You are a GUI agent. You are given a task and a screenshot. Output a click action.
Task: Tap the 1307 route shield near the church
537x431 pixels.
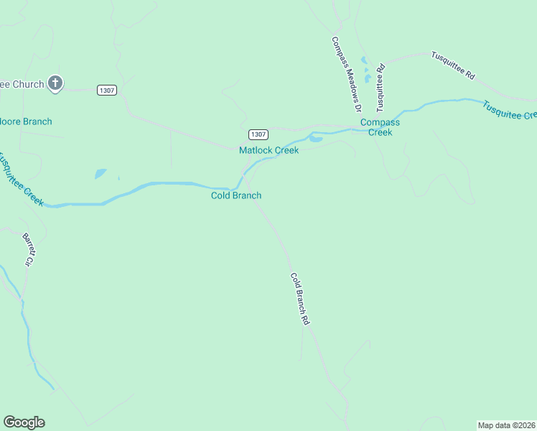click(x=106, y=90)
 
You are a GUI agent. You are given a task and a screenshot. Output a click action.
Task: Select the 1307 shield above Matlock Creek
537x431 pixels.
click(x=258, y=134)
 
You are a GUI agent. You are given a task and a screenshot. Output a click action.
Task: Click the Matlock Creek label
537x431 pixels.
click(x=268, y=150)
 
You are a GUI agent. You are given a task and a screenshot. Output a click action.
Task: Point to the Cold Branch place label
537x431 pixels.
click(x=235, y=195)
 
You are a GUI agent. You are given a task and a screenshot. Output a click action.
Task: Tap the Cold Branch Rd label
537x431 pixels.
click(x=299, y=300)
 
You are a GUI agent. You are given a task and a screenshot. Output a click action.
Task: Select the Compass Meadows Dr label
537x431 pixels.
click(x=345, y=74)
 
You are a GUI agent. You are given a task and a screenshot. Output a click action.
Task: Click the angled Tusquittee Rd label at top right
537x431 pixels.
click(x=452, y=65)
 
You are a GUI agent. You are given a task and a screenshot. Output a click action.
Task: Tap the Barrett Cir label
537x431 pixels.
click(x=28, y=249)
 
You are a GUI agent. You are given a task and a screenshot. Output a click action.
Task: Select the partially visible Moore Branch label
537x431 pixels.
click(x=26, y=121)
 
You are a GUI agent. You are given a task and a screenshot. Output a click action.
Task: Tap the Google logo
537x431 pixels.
click(x=24, y=422)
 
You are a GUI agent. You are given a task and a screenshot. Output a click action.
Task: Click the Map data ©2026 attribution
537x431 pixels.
click(x=506, y=425)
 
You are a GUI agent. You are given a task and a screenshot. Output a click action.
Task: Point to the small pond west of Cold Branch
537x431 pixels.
click(x=100, y=173)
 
